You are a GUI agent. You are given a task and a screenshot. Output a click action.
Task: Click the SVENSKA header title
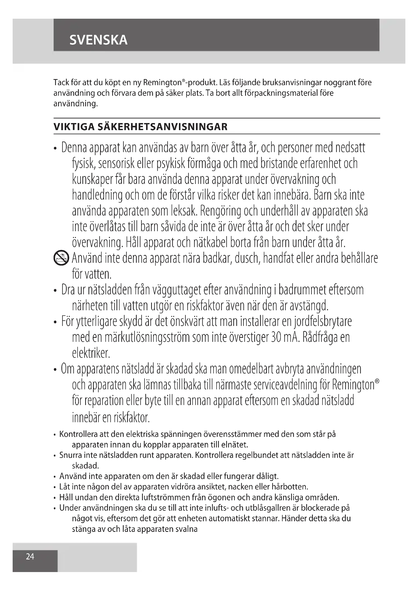pos(98,40)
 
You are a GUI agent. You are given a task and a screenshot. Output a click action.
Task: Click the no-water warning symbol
pos(61,258)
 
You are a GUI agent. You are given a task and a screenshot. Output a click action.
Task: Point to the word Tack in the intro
pos(61,83)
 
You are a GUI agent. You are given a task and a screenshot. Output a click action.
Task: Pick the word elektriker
pos(91,353)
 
